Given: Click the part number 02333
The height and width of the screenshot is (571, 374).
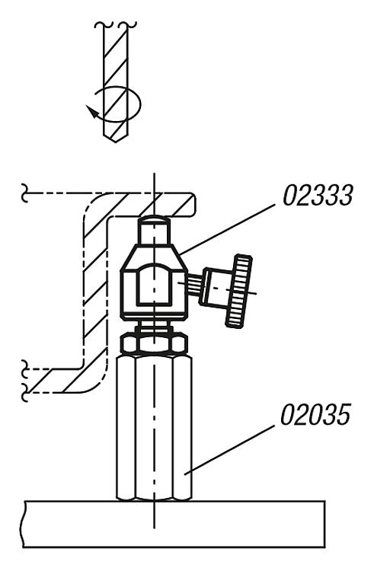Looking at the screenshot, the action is (x=318, y=196).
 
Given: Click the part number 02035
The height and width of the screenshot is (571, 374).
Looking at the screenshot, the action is (x=315, y=414).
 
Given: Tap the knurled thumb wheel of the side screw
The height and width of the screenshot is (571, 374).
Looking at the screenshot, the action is (x=239, y=292).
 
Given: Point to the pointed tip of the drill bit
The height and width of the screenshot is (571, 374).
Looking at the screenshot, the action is (x=116, y=142).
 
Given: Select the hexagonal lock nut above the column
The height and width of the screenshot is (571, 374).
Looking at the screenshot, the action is (x=154, y=344).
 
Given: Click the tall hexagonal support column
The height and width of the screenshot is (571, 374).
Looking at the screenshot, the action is (x=154, y=428).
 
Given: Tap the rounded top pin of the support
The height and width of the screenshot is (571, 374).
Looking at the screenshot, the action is (x=154, y=231).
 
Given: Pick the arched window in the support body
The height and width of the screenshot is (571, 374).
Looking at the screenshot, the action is (x=155, y=285).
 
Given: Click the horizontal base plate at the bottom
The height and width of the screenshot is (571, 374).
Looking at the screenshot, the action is (x=174, y=524).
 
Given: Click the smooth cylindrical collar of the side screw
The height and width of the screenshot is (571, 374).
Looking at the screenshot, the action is (x=214, y=286).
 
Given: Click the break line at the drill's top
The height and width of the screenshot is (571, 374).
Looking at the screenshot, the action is (x=116, y=25).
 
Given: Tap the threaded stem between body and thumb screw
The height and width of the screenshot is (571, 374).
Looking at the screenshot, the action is (x=193, y=282).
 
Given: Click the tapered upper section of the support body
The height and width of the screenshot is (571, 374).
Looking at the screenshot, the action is (x=154, y=257).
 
